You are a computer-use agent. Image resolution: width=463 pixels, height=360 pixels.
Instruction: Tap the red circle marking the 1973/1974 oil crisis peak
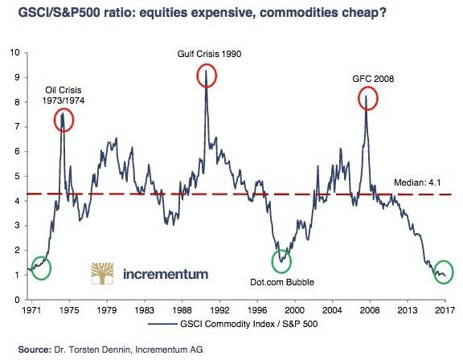pyautogui.click(x=64, y=120)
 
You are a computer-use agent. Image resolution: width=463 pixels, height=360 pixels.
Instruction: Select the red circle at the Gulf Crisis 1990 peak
pyautogui.click(x=208, y=76)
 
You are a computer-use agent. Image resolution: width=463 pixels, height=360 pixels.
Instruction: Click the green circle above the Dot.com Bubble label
pyautogui.click(x=281, y=260)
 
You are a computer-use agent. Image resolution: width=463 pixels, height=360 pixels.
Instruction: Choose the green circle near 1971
pyautogui.click(x=39, y=268)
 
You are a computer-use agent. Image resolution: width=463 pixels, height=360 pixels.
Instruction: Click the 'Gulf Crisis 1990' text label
pyautogui.click(x=209, y=55)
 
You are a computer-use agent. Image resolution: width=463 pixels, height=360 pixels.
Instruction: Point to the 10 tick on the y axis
pyautogui.click(x=14, y=53)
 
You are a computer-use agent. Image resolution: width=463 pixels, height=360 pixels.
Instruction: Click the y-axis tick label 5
pyautogui.click(x=16, y=176)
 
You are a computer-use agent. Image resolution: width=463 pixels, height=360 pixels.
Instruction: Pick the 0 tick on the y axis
pyautogui.click(x=16, y=299)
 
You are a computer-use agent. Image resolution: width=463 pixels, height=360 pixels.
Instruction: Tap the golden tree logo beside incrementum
pyautogui.click(x=102, y=272)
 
